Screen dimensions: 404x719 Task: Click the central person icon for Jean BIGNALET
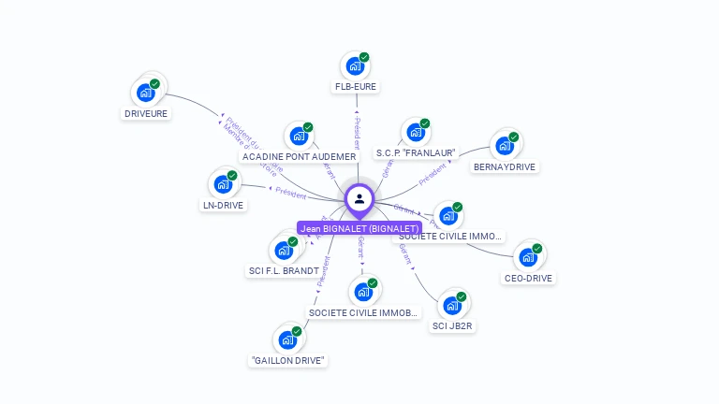(359, 198)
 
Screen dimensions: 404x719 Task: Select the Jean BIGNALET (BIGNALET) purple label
(359, 228)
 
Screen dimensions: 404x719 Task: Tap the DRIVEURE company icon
(145, 92)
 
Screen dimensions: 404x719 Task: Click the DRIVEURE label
(146, 113)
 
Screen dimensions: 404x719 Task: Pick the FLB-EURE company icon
(355, 65)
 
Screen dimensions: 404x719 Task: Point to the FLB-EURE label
(356, 87)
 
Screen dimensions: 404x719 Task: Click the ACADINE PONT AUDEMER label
(299, 157)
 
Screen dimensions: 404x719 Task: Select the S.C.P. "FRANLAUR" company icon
(415, 132)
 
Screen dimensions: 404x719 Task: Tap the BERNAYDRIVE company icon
(505, 145)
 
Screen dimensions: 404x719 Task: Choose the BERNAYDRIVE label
(506, 167)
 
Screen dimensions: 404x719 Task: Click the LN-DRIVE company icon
(223, 183)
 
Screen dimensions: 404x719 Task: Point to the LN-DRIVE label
(223, 205)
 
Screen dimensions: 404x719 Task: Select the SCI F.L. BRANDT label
(284, 271)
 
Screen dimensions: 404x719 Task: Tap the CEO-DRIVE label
(529, 278)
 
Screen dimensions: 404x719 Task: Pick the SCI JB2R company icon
(452, 305)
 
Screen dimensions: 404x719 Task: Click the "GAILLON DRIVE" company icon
(287, 339)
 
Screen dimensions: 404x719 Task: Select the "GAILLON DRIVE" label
(288, 360)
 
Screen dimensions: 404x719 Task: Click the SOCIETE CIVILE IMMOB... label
(363, 312)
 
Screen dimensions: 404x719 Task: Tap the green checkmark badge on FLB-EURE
(364, 57)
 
